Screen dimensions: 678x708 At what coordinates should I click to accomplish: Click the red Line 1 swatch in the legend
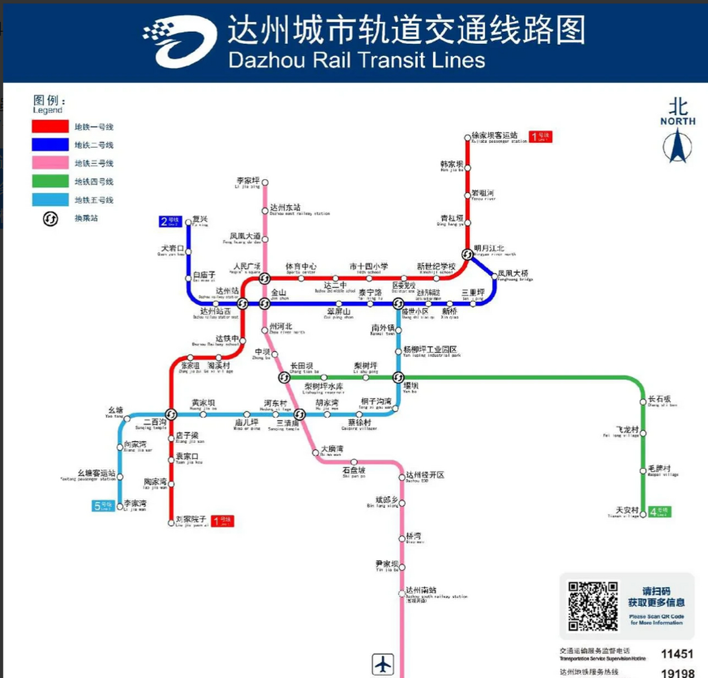50,126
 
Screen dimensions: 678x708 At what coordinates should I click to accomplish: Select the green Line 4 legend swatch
50,181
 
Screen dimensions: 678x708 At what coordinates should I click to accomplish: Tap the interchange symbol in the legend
50,218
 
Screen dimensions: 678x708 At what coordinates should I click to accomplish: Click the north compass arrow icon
677,146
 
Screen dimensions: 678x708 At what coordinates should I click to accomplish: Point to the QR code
593,606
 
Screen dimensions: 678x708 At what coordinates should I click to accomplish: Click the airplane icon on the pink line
382,664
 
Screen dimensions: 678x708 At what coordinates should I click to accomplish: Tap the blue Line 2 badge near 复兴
171,221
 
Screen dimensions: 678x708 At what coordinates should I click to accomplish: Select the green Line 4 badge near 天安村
660,512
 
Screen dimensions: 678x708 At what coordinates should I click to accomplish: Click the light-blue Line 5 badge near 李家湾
103,506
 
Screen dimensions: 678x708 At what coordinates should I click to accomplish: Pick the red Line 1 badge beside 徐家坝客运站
541,137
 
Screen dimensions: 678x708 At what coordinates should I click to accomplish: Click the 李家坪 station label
248,181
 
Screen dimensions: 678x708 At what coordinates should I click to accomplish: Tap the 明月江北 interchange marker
467,255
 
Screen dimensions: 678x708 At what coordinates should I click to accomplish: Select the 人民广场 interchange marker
264,278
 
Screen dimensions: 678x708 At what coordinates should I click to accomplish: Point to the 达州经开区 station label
425,475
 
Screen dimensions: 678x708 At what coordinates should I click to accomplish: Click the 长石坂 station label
659,399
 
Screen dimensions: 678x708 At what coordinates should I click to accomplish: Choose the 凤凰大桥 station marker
495,275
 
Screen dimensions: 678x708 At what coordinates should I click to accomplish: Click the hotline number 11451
677,654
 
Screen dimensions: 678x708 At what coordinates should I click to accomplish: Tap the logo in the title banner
180,41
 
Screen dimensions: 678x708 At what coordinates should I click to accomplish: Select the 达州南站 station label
421,590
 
